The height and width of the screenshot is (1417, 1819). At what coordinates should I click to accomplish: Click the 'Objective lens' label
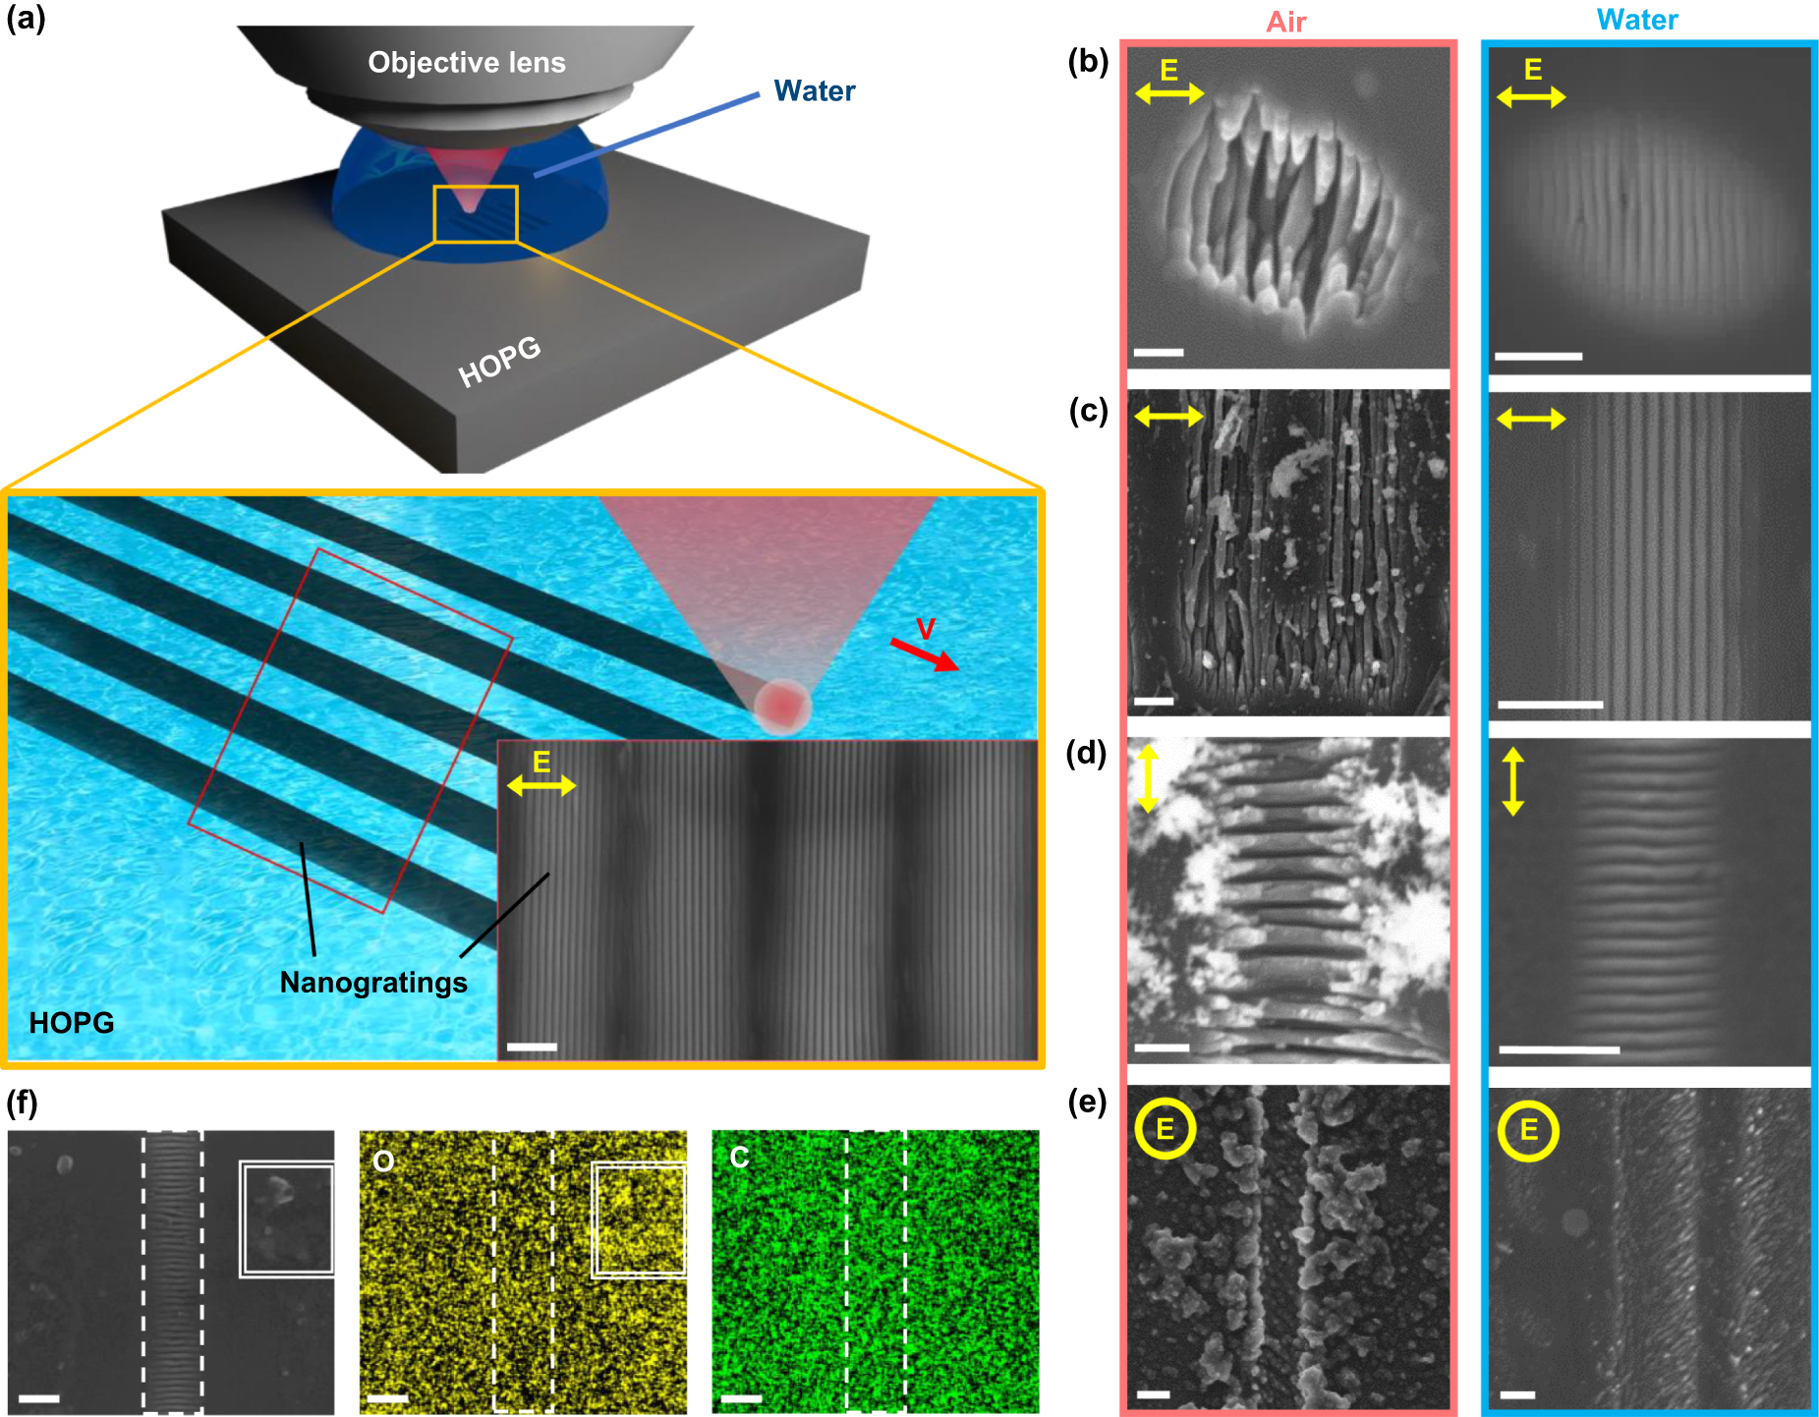[467, 63]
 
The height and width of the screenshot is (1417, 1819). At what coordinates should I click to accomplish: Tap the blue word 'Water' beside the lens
[814, 91]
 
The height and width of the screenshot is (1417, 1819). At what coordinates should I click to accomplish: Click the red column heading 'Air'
[1285, 22]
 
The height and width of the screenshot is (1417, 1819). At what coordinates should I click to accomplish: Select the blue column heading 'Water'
[1637, 20]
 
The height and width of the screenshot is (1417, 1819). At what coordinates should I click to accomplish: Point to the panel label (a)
[26, 19]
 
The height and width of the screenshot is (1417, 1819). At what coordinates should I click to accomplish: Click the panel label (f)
[22, 1104]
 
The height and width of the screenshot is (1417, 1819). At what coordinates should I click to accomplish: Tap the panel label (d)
[1087, 754]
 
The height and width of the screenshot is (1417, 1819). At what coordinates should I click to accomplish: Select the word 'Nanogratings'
[373, 983]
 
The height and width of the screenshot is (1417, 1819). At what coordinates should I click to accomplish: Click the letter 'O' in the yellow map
[383, 1162]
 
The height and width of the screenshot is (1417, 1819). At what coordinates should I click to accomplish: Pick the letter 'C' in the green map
[739, 1158]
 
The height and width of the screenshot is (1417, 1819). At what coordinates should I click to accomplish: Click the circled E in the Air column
[1165, 1129]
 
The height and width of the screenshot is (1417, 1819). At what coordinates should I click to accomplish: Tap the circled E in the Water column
[1528, 1130]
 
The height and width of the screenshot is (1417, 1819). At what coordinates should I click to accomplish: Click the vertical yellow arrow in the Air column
[1148, 778]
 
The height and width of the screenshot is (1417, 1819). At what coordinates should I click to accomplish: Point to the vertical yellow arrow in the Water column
[1512, 781]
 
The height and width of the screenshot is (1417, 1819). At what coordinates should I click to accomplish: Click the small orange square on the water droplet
[476, 213]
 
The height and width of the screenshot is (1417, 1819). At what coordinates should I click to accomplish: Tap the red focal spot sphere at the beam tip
[782, 706]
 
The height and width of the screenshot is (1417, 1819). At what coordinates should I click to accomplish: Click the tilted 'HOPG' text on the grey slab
[499, 362]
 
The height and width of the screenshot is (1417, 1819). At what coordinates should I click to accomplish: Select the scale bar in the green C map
[741, 1398]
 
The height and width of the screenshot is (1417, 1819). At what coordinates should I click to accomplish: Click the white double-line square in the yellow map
[639, 1219]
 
